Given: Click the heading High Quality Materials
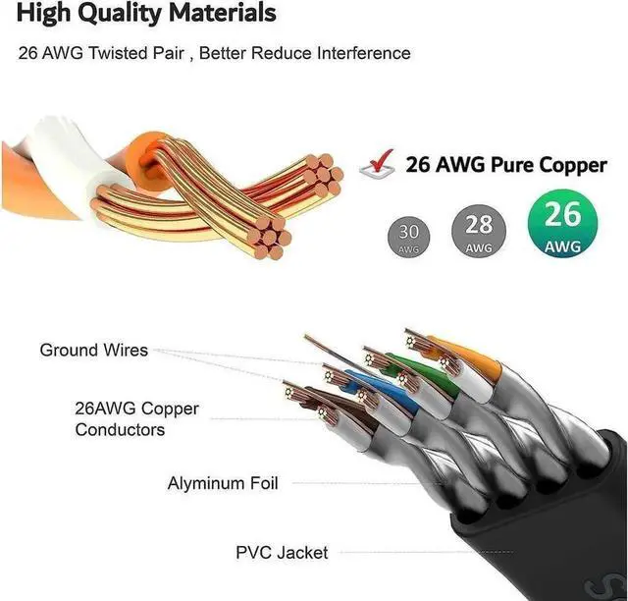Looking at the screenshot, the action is click(145, 15).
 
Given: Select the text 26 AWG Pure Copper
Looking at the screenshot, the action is click(506, 164).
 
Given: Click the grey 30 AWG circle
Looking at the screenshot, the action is click(411, 239).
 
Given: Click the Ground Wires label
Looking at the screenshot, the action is click(94, 350).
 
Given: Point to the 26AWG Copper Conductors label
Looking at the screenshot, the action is click(123, 419).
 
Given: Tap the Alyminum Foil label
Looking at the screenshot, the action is click(223, 483).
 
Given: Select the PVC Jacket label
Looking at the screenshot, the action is click(282, 553).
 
